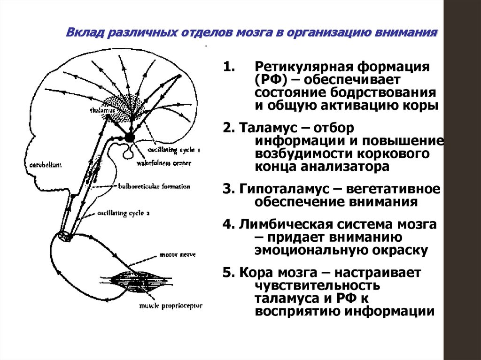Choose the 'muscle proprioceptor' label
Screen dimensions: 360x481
click(170, 306)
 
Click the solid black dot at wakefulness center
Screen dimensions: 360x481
click(129, 137)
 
